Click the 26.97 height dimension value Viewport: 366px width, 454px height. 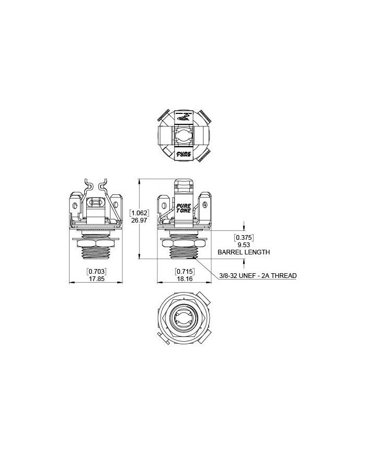pos(139,220)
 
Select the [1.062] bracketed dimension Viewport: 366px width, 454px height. pos(139,213)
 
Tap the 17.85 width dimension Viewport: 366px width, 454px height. pos(96,278)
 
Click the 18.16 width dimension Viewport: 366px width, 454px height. pos(184,278)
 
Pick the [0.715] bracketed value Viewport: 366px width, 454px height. pos(184,272)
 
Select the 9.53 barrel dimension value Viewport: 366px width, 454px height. pos(244,245)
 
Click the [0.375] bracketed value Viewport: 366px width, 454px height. pos(244,238)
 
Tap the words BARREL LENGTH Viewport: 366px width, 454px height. pos(244,252)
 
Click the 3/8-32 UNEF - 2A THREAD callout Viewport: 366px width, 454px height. pos(258,275)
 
